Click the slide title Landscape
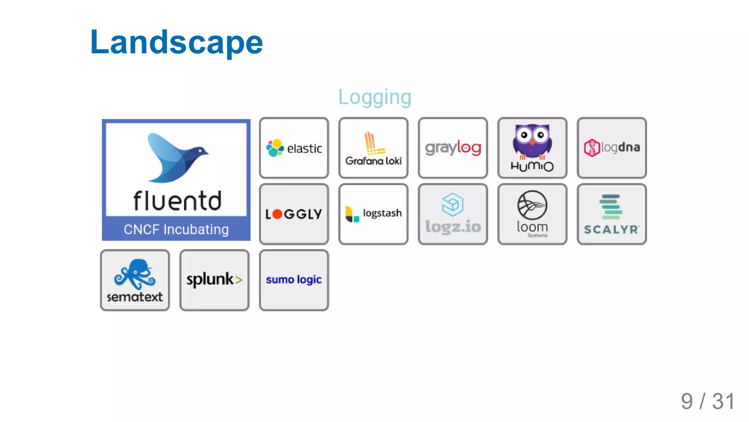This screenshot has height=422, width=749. coord(176,42)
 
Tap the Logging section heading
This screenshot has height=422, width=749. coord(374,97)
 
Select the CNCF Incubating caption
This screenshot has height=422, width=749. coord(176,229)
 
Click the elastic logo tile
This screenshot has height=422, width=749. coord(294,148)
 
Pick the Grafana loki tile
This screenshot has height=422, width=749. coord(373,148)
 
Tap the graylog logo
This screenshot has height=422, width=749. coord(453,148)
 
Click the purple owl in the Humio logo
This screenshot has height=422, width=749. coord(532,140)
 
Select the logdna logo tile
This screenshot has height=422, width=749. coord(611,148)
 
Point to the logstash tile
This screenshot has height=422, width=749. coord(373,214)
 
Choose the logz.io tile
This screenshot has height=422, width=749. coord(453,214)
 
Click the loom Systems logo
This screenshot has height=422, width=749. coord(532,214)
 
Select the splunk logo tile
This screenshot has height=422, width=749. coord(214,280)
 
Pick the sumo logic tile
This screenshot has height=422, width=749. coord(294,280)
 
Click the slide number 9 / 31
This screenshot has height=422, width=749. coord(708,401)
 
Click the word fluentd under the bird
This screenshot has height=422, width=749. coord(177,201)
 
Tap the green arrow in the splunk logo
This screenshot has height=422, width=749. coord(239,280)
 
